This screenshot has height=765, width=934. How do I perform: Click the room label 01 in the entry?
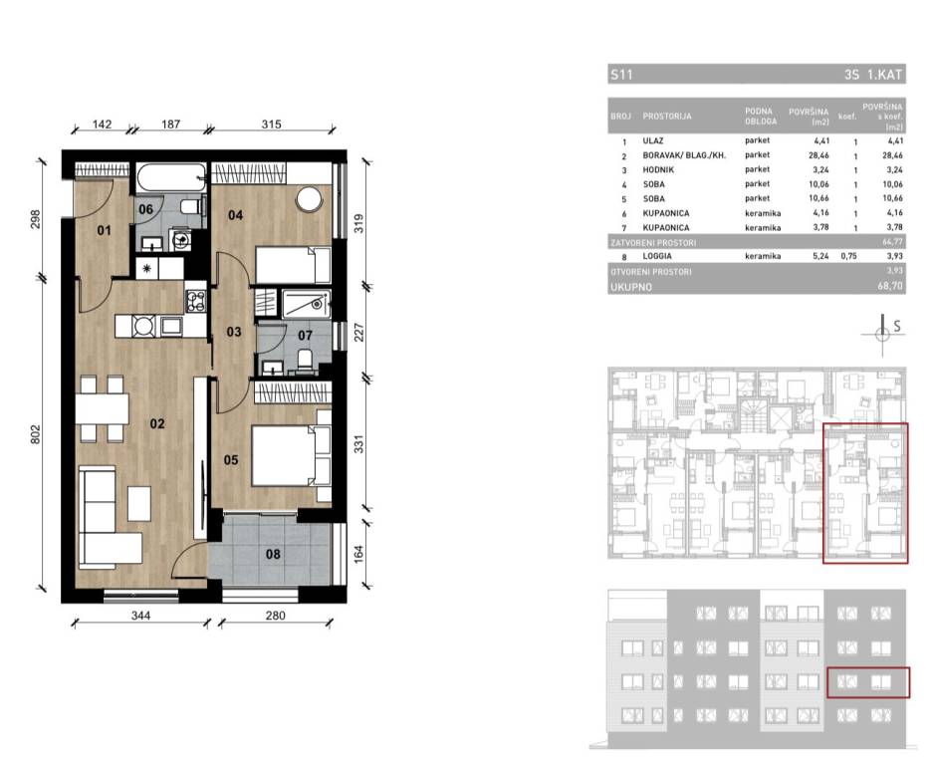point(105,230)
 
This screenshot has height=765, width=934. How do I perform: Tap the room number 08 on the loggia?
point(273,554)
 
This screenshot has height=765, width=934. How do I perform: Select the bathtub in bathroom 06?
point(171,177)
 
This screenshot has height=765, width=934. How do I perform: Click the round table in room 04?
point(310,199)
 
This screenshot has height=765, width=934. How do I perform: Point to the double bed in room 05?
point(291,456)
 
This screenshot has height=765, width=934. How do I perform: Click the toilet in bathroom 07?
point(305,360)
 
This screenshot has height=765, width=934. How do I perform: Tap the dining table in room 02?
point(102,408)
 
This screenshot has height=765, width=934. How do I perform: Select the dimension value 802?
point(35,433)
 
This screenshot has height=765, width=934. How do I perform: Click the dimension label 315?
point(271,124)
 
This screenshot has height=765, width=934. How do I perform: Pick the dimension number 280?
point(275,616)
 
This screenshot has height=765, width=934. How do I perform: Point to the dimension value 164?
point(358,554)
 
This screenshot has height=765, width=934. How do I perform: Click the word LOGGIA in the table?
point(657,256)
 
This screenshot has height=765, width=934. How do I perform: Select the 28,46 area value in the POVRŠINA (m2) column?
point(820,155)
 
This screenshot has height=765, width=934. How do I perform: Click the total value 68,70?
point(890,287)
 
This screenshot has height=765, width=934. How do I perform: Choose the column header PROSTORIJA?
point(666,117)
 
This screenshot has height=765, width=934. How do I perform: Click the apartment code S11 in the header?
point(621,75)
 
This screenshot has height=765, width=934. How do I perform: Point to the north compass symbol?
point(883,334)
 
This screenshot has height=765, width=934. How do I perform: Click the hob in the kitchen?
point(196,300)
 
